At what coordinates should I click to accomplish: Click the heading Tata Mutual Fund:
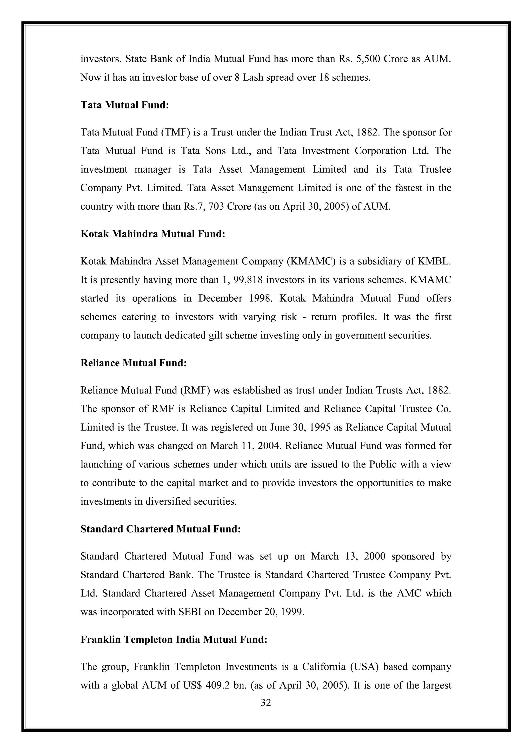pos(124,105)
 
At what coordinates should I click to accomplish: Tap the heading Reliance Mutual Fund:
pos(133,363)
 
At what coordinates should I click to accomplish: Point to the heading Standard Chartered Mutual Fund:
pos(161,529)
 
